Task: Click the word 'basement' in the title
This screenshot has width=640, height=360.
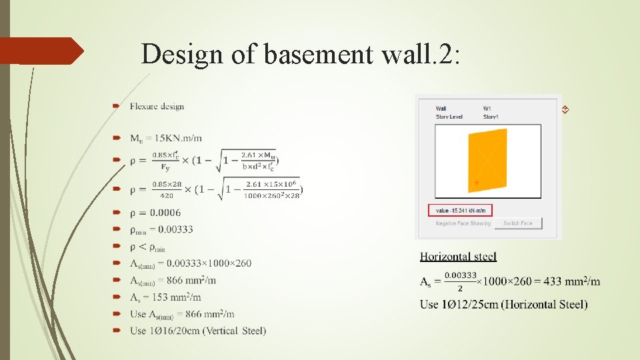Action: click(x=319, y=54)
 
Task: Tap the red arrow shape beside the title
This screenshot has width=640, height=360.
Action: click(x=41, y=51)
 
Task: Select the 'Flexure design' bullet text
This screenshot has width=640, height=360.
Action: click(x=157, y=106)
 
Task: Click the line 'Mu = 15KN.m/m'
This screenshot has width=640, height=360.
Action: click(x=165, y=138)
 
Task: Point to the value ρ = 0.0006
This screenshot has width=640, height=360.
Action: click(x=155, y=213)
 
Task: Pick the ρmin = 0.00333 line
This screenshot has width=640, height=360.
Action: click(x=161, y=229)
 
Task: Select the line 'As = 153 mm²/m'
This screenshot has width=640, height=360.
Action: click(x=165, y=297)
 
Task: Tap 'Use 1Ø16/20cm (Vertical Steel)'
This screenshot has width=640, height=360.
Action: click(x=198, y=331)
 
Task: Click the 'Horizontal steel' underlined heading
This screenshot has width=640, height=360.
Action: click(x=458, y=257)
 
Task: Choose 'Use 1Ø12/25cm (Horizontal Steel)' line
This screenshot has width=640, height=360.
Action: click(x=503, y=305)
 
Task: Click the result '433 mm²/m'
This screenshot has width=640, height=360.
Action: click(x=571, y=281)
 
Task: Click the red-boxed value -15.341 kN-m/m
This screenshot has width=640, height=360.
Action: click(x=460, y=211)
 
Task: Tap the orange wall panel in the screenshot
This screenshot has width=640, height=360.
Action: click(x=487, y=160)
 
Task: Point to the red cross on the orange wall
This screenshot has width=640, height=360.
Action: click(x=476, y=182)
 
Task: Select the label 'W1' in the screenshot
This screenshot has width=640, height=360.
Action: click(x=487, y=109)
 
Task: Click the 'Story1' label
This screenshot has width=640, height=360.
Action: click(x=490, y=117)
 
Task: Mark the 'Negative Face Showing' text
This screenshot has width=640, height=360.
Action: click(x=463, y=223)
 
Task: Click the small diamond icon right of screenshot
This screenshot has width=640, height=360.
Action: click(x=564, y=109)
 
